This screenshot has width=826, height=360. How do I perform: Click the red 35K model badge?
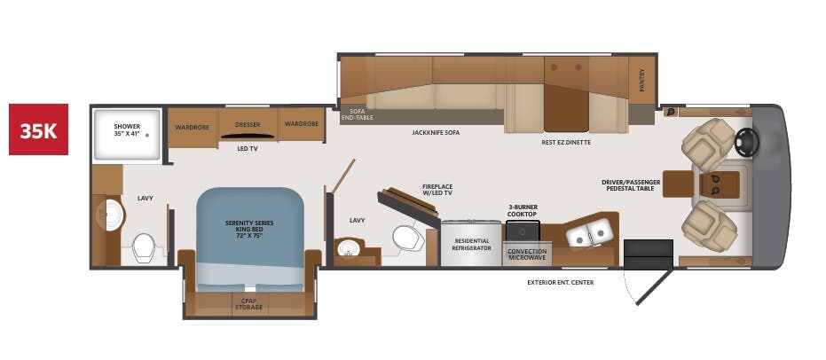[x=38, y=129]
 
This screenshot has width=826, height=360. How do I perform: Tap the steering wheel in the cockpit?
[x=748, y=140]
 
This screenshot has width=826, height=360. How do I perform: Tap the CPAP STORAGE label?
[x=248, y=303]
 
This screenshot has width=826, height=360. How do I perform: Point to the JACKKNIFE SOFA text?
[x=436, y=132]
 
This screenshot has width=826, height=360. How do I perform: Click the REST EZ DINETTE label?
[x=566, y=142]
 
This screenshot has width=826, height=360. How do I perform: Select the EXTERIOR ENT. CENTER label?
[x=560, y=282]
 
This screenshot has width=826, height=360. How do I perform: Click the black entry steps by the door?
[x=648, y=254]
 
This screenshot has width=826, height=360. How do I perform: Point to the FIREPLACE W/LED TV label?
[x=437, y=190]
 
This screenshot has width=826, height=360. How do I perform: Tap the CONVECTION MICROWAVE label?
[x=526, y=255]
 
